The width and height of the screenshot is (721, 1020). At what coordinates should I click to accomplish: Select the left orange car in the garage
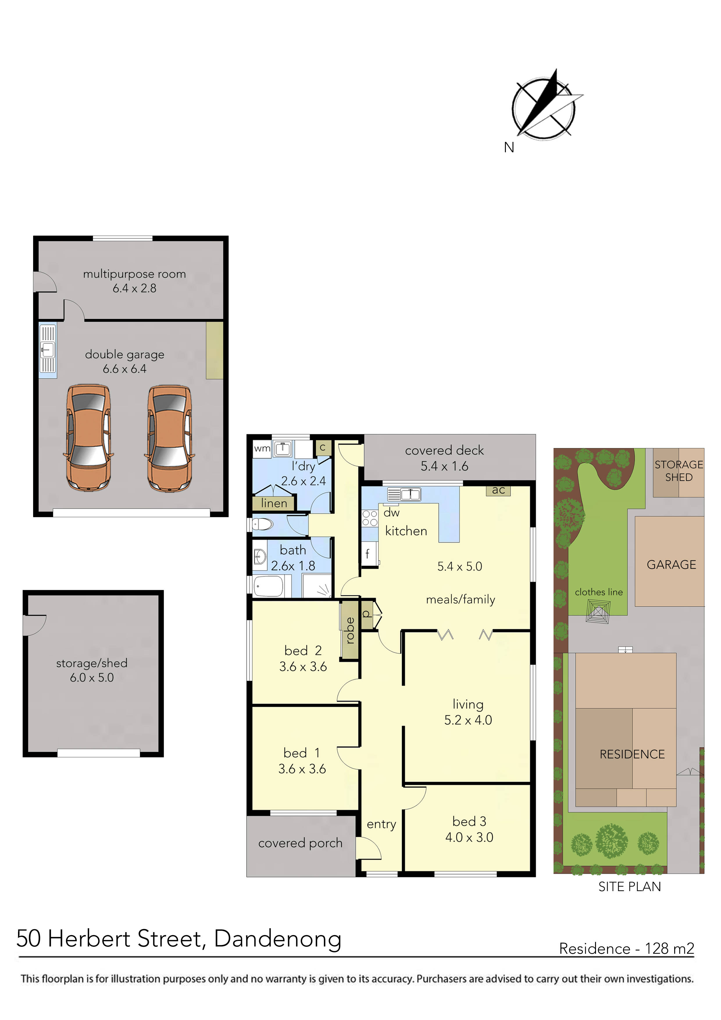point(88,438)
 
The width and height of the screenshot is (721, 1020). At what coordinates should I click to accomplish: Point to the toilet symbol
point(263,525)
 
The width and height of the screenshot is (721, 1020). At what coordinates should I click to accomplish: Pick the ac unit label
point(498,490)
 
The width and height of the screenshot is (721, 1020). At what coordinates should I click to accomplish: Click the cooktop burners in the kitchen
point(370,518)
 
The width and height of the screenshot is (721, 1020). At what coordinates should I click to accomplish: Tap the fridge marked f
point(368,554)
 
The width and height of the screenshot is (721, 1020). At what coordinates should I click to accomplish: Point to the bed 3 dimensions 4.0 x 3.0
point(469,837)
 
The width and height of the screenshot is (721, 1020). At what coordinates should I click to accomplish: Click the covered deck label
point(444,450)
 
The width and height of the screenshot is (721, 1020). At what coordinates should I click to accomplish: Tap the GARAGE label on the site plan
point(671,565)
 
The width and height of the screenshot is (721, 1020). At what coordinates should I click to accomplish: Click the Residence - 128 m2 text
point(626,948)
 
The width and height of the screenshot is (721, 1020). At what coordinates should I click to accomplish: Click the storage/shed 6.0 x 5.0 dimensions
point(92,677)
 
